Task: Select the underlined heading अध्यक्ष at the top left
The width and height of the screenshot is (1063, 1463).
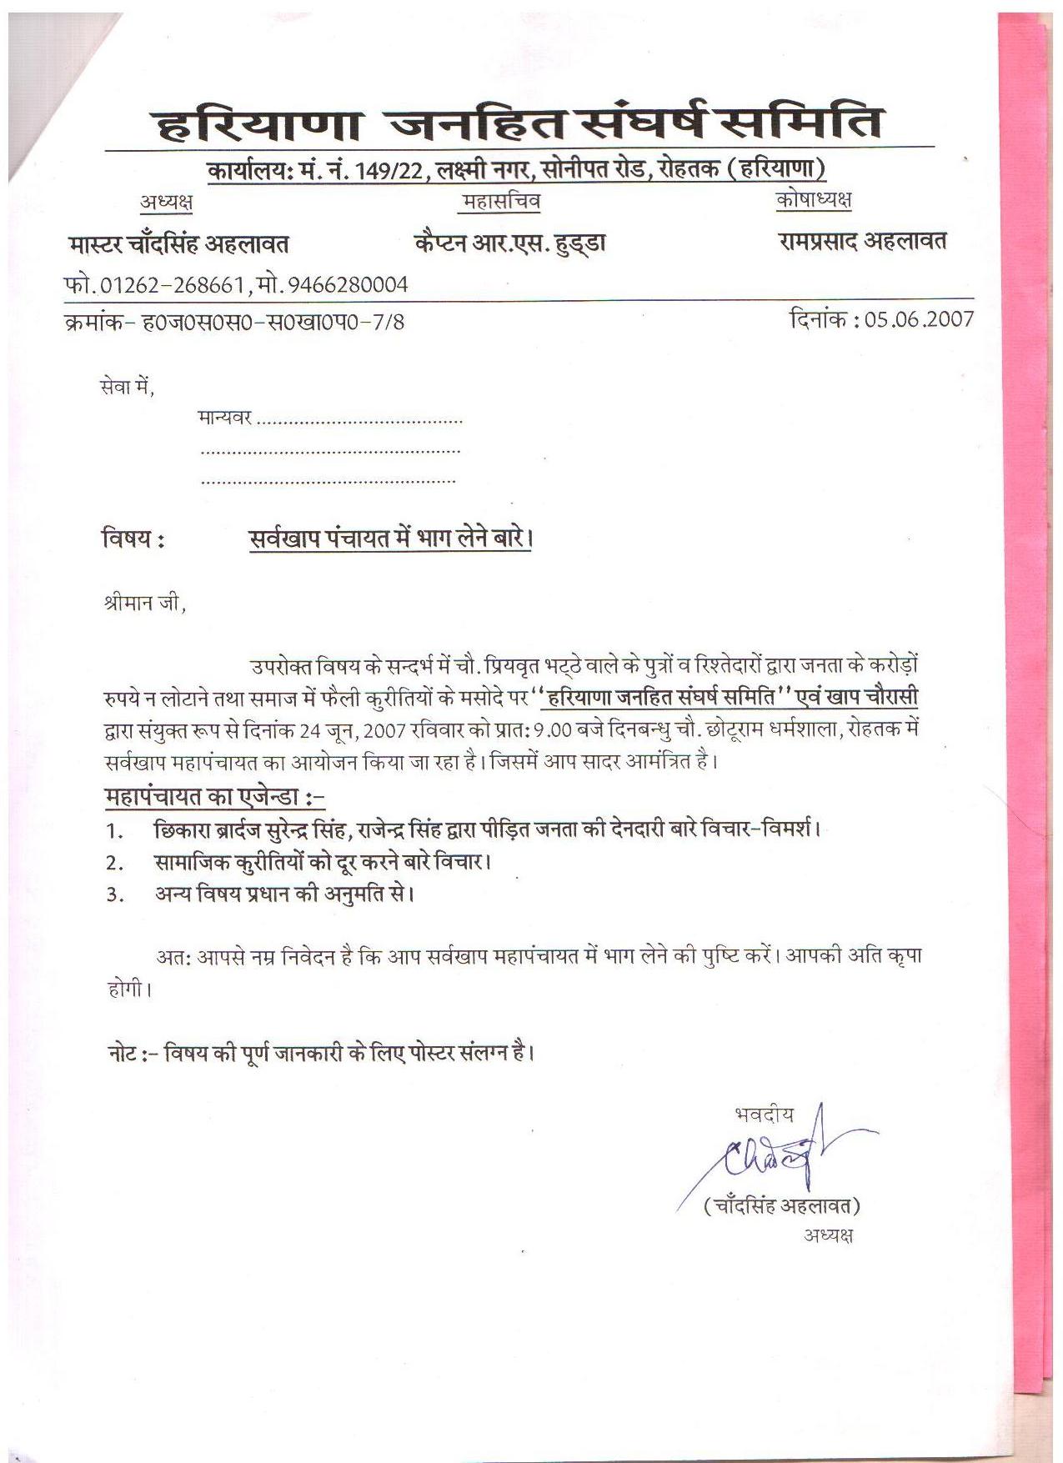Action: [x=166, y=202]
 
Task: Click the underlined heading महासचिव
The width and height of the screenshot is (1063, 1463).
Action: [x=501, y=202]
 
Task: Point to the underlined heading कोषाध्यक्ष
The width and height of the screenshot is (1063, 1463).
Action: [x=813, y=200]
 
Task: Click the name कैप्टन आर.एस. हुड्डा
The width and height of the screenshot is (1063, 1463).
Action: [x=509, y=243]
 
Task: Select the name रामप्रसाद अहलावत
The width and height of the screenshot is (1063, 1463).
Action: [x=862, y=242]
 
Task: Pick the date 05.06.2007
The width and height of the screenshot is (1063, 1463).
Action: [x=919, y=319]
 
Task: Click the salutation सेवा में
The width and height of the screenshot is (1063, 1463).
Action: [x=126, y=387]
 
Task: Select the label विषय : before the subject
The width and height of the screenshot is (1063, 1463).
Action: [x=133, y=539]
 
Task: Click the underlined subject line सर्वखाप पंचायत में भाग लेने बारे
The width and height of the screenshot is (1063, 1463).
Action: [x=390, y=539]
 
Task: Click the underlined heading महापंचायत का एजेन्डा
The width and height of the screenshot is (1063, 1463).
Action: [x=213, y=797]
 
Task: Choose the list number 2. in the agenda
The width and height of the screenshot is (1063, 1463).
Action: [x=115, y=863]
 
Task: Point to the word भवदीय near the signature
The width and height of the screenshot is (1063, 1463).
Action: [x=764, y=1115]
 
